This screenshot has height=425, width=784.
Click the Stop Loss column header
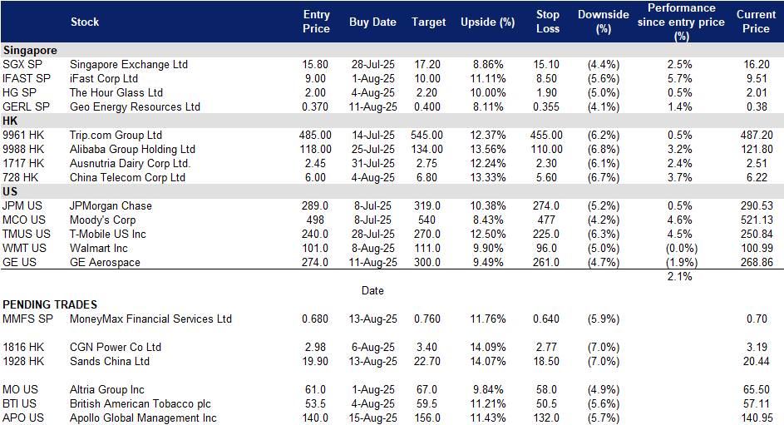[x=548, y=22]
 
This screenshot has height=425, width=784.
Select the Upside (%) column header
[x=487, y=22]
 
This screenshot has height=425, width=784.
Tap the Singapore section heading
[x=30, y=51]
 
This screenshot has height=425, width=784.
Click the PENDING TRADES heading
[x=50, y=304]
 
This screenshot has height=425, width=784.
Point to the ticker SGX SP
[x=22, y=65]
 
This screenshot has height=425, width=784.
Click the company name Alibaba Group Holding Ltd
[x=132, y=149]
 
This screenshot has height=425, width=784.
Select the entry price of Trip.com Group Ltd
[x=315, y=135]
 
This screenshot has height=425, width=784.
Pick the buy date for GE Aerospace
[x=373, y=263]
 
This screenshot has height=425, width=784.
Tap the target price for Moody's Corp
[x=427, y=220]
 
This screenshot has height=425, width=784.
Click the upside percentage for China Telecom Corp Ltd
[x=488, y=177]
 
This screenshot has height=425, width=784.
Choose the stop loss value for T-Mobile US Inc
[x=546, y=234]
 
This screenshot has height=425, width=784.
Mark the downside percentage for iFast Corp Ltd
[x=604, y=78]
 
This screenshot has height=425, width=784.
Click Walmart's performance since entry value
[x=681, y=249]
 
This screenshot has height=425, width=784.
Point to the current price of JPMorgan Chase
[x=757, y=206]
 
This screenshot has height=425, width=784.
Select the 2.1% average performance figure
[x=679, y=276]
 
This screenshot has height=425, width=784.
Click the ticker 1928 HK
[x=23, y=361]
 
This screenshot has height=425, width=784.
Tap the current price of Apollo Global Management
[x=757, y=418]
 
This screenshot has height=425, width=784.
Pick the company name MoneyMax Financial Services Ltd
[x=150, y=319]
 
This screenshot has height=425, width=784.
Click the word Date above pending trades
[x=372, y=290]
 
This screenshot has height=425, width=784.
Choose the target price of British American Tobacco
[x=427, y=404]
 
